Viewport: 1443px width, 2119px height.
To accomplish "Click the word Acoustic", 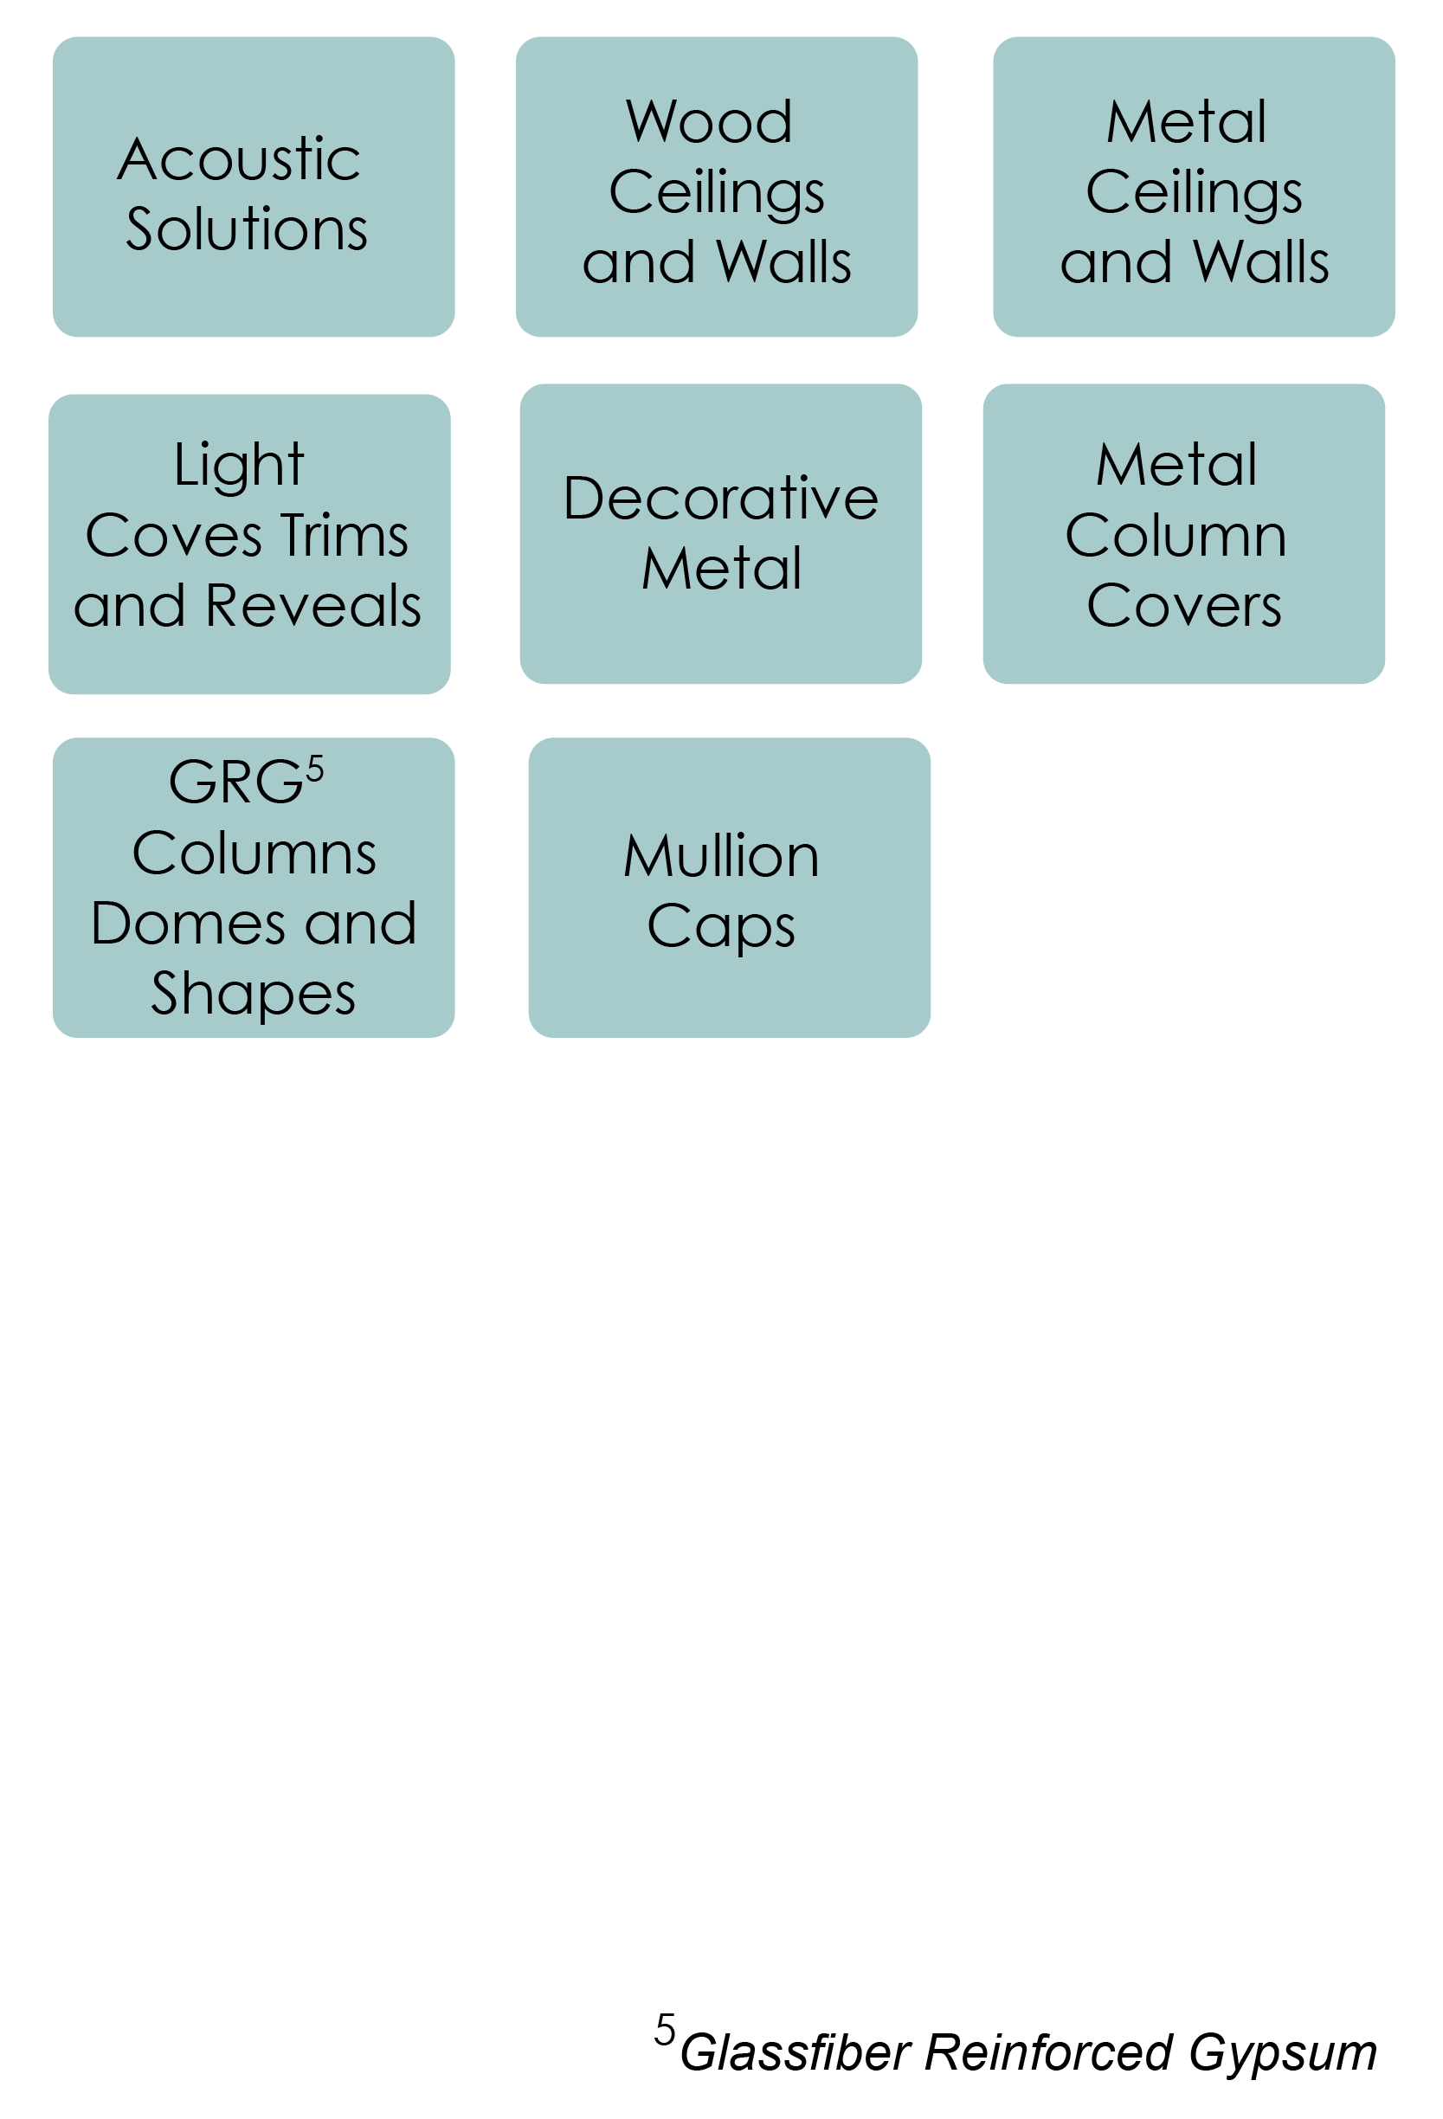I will click(x=239, y=159).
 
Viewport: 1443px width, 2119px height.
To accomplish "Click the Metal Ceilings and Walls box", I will click(x=1192, y=187).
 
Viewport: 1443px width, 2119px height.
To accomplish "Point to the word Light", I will click(x=239, y=466).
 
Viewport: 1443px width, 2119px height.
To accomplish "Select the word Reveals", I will click(x=312, y=605).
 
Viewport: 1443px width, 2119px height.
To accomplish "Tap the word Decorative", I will click(x=720, y=499).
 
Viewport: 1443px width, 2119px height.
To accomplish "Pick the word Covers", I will click(x=1183, y=605).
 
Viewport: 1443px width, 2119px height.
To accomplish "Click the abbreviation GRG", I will click(x=235, y=783).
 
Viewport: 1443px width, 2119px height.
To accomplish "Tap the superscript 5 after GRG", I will click(x=314, y=770).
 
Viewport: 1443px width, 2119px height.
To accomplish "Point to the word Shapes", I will click(x=253, y=994).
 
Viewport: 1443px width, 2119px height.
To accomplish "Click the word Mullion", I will click(x=720, y=857).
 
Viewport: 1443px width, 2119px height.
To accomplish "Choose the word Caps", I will click(x=720, y=928).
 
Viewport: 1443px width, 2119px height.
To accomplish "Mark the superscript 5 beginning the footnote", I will click(x=666, y=2031).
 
